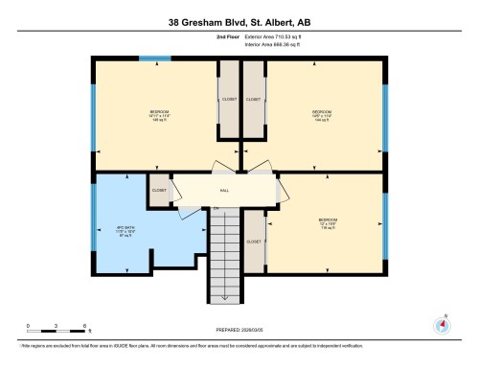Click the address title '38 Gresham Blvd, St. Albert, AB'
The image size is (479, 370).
tap(239, 19)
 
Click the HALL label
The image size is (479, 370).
tap(224, 190)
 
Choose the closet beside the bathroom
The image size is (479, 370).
tap(159, 190)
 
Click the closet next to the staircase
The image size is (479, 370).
tap(254, 242)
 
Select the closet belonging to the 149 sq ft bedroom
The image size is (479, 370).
tap(229, 99)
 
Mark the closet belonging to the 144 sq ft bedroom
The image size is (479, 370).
tap(254, 99)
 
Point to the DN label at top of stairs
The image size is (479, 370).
tap(217, 208)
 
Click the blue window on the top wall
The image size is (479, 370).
tap(148, 58)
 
